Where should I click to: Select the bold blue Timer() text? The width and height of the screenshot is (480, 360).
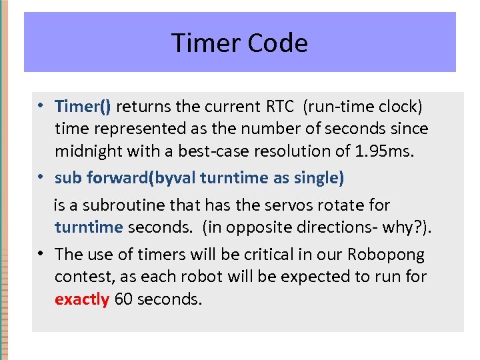pyautogui.click(x=83, y=106)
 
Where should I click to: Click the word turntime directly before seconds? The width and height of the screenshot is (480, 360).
pyautogui.click(x=89, y=227)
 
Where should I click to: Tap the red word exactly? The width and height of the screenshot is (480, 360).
pyautogui.click(x=81, y=299)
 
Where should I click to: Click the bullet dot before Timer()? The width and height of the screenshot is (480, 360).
pyautogui.click(x=41, y=106)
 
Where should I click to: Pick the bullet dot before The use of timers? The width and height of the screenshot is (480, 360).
pyautogui.click(x=41, y=254)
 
